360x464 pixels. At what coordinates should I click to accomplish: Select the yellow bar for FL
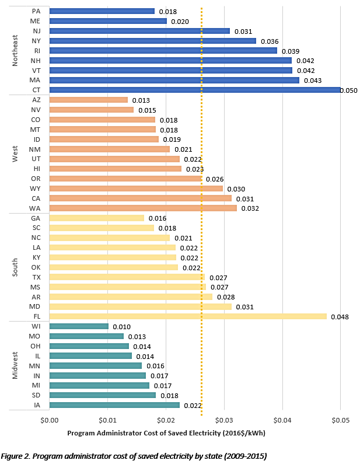point(188,316)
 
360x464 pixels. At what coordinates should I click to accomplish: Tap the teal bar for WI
point(79,326)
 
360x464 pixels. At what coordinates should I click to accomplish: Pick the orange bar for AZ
point(89,100)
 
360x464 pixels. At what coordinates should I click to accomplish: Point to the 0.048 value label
point(340,317)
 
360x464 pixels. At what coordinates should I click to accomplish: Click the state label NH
point(36,60)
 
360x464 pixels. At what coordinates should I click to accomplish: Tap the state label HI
point(37,169)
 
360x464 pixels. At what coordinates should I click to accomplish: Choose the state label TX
point(37,277)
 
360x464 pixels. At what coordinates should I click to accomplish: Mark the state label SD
point(36,395)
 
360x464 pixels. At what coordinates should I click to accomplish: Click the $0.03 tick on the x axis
point(224,420)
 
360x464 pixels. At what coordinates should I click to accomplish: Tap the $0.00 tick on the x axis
point(50,420)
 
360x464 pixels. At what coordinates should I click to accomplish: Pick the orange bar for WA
point(143,208)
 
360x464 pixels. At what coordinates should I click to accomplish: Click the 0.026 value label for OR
point(214,179)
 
